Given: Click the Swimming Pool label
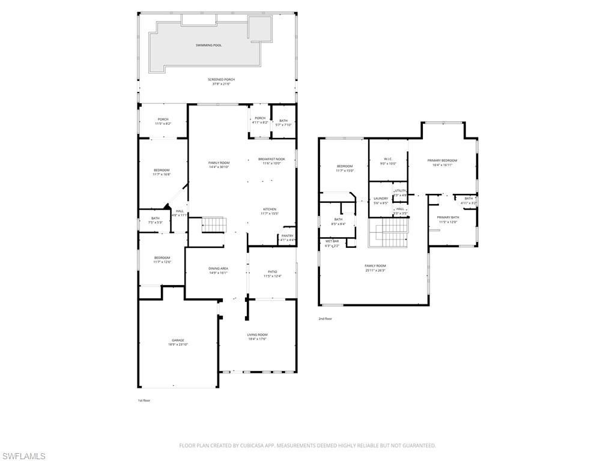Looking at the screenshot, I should tap(208, 45).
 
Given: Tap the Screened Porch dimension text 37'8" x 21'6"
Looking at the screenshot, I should tap(221, 84).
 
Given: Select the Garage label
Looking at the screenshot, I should tap(178, 340).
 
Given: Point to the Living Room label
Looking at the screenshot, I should tap(257, 334).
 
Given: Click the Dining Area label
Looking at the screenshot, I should tap(218, 268).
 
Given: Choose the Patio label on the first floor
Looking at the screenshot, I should tap(272, 272).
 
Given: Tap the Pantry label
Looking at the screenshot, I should tap(287, 236).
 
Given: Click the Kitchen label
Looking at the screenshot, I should tap(269, 209).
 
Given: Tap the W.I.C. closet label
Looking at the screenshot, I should tap(388, 159).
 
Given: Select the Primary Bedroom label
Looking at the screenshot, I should tap(442, 160).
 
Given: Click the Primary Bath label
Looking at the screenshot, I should tap(447, 217).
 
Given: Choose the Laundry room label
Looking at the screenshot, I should tap(381, 199).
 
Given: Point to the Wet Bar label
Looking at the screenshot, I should tap(332, 241).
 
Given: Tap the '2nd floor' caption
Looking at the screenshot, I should tap(325, 319).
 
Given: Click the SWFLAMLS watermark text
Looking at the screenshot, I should tap(23, 456).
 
